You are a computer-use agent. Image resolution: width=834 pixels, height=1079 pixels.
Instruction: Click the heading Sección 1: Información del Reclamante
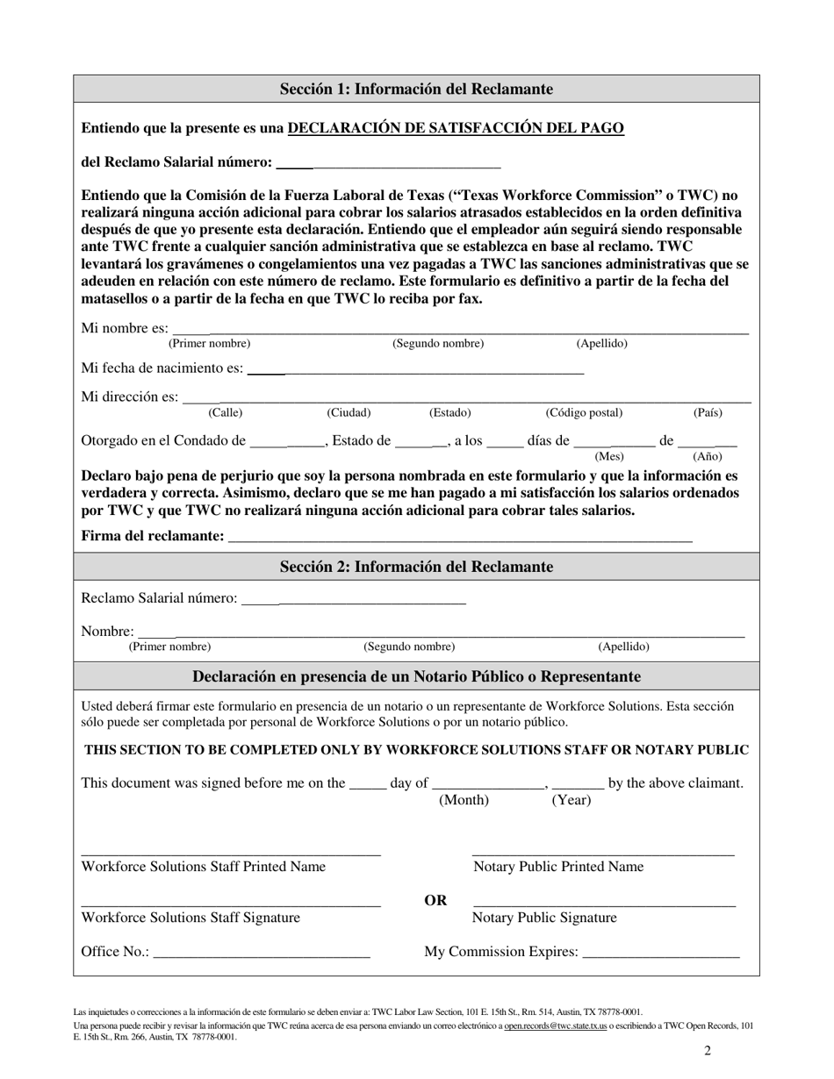(x=416, y=89)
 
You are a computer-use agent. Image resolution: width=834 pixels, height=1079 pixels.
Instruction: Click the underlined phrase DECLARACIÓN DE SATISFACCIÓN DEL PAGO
(x=456, y=128)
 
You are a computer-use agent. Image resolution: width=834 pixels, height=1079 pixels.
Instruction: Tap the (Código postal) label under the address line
(x=584, y=412)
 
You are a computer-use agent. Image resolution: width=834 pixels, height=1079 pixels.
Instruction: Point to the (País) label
(x=708, y=412)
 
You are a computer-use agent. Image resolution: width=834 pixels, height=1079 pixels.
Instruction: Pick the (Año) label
(x=708, y=456)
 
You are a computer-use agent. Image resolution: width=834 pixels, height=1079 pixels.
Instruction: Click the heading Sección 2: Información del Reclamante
(x=416, y=567)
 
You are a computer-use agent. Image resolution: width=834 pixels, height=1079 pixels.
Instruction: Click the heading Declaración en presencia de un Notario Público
(x=416, y=676)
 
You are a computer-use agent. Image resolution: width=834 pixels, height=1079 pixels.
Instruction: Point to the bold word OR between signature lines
(x=435, y=900)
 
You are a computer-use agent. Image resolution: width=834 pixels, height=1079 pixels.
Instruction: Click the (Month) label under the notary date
(x=464, y=800)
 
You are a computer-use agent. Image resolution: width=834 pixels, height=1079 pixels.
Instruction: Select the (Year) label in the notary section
(x=571, y=800)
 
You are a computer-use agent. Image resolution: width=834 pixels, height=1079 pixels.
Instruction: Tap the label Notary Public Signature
(x=544, y=918)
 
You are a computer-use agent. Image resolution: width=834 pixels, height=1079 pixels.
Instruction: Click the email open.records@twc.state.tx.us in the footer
(x=555, y=1025)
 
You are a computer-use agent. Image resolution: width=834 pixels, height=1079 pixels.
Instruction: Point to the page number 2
(x=707, y=1051)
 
